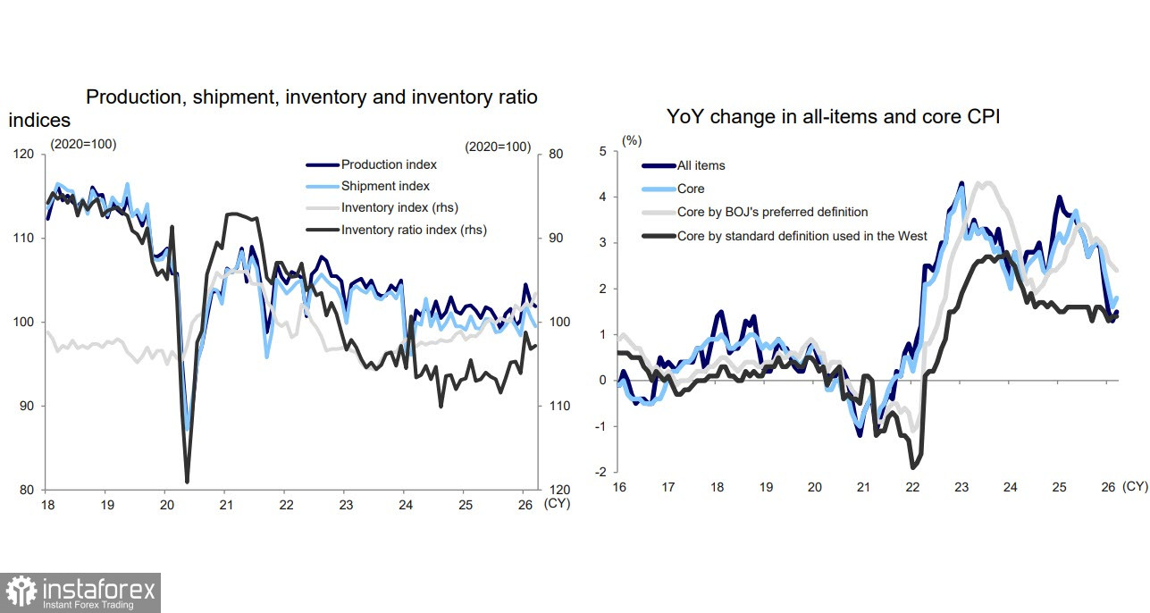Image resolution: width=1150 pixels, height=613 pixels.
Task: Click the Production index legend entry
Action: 389,164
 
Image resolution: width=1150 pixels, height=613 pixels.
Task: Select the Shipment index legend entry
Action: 385,186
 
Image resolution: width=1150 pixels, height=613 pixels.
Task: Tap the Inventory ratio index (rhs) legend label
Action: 414,230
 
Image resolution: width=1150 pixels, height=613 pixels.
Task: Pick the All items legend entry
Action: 701,165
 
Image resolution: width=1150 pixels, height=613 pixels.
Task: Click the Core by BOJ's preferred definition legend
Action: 772,212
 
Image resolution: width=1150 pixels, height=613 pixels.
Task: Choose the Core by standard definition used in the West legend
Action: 802,236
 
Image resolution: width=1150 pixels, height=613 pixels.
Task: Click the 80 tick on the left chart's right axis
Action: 556,154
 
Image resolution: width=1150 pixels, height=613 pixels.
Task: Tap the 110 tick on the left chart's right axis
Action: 559,406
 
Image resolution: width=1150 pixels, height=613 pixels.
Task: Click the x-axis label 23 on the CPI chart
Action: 961,487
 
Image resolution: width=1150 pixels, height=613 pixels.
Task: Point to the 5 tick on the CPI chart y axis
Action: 602,151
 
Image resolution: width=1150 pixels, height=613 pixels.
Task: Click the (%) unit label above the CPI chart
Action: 631,140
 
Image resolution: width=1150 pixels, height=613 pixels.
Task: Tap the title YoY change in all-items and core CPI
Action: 833,116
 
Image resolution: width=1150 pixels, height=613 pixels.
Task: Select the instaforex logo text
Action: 97,590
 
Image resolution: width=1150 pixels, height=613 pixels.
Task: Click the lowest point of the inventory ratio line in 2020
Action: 187,482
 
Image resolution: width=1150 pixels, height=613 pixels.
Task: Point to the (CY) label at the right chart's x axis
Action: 1135,486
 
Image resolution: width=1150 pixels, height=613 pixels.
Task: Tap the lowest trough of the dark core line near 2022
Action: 912,466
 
